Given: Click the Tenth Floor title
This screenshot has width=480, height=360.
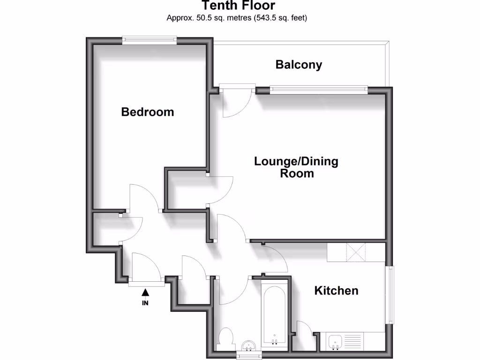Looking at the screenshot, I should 238,6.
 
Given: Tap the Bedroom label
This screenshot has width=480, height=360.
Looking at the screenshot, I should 147,112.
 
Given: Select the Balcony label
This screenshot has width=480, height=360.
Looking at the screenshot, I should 299,65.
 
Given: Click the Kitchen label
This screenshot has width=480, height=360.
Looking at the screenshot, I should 336,291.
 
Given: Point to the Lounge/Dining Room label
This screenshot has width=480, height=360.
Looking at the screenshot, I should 296,167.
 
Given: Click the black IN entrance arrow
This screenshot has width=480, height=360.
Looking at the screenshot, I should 145,292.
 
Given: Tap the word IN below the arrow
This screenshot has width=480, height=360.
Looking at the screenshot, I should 145,303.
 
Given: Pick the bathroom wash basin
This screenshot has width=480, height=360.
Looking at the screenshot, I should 248,346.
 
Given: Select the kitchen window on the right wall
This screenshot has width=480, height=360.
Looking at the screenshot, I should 389,294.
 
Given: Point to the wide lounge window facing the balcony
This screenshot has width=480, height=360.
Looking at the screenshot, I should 318,89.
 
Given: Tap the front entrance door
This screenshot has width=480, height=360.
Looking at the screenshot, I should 146,269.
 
